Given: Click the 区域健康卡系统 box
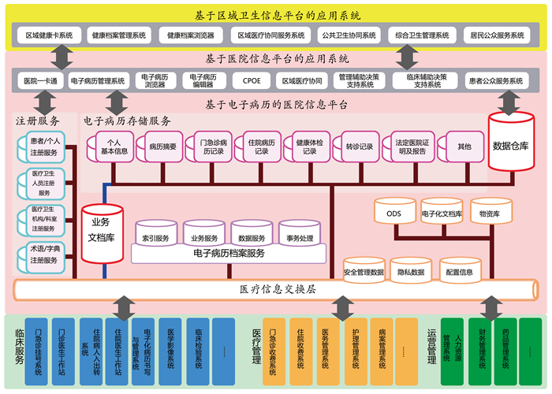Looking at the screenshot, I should click(49, 35).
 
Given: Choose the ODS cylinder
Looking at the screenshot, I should click(393, 213).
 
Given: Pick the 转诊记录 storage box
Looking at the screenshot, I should click(359, 147).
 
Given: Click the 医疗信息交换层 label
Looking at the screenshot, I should click(278, 289).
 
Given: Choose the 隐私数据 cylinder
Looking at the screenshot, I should click(411, 272).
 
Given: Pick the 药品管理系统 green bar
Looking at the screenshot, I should click(506, 345).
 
